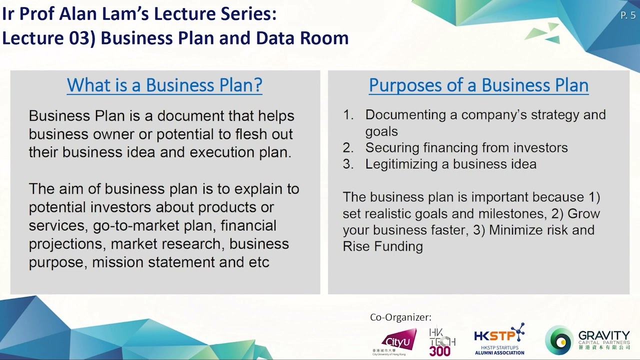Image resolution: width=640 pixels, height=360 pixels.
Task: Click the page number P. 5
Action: pos(627,15)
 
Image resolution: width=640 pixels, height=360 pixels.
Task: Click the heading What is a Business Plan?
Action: pos(164,84)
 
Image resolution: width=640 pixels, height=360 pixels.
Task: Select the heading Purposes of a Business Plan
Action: pos(478,84)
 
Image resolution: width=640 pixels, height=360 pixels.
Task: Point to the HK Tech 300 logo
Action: pos(442,341)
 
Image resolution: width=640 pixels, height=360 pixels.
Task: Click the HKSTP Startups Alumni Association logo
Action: pos(499,339)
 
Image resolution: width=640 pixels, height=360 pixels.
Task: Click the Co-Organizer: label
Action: pos(400,317)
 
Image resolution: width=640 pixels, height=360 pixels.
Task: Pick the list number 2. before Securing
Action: pos(348,148)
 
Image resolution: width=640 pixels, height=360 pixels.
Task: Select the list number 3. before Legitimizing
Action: pos(348,164)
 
